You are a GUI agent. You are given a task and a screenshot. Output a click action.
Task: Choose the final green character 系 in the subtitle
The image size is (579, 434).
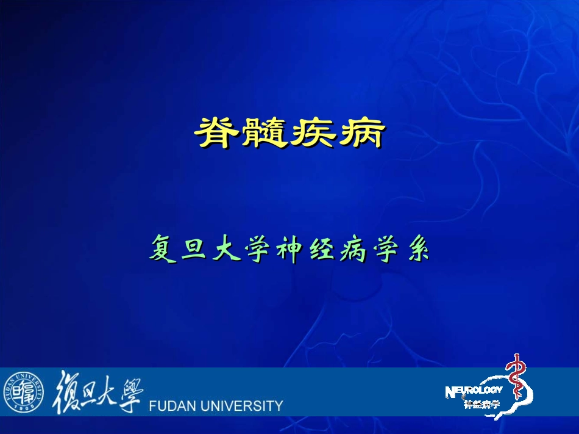point(418,250)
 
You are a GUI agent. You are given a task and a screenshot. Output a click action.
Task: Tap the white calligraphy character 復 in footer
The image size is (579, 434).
point(68,392)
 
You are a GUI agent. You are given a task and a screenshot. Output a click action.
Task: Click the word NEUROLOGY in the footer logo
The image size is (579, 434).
point(474,391)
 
